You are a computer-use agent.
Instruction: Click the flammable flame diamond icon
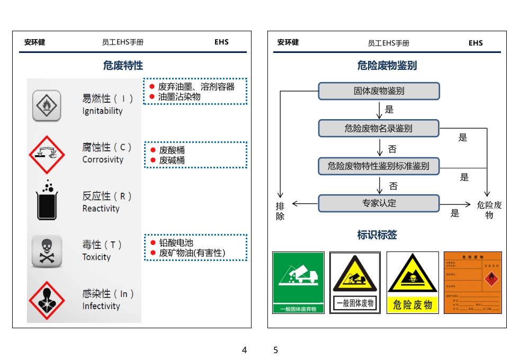(x=47, y=105)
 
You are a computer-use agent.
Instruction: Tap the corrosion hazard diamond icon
(x=47, y=154)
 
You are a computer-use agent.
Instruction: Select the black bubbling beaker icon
(x=47, y=201)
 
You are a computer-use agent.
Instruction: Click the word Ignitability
(x=102, y=111)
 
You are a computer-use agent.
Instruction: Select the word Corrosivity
(x=103, y=160)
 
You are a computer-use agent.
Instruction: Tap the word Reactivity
(x=101, y=209)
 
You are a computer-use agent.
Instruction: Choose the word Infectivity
(x=101, y=306)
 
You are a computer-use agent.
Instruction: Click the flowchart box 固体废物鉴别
(x=379, y=91)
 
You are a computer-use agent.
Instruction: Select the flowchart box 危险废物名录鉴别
(x=379, y=128)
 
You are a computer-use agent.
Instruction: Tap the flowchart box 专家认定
(x=379, y=203)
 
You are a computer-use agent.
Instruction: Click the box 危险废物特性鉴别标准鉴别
(x=379, y=166)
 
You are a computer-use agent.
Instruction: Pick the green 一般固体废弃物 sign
(x=298, y=282)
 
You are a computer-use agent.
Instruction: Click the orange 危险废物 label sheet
(x=472, y=282)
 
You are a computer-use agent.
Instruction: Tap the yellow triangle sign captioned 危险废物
(x=413, y=282)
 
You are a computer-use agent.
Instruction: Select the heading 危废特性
(x=123, y=66)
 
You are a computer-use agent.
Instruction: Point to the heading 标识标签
(x=377, y=235)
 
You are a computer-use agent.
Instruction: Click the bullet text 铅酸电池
(x=176, y=243)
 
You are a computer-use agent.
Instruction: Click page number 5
(x=275, y=350)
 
